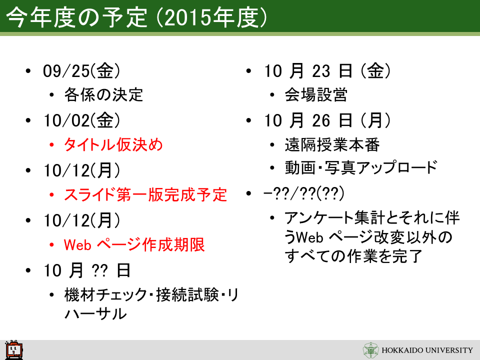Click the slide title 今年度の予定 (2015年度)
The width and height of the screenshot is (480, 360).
click(136, 17)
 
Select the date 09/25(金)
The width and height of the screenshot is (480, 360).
click(81, 70)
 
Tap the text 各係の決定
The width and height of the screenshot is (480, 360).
click(103, 94)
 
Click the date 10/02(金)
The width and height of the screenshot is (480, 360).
click(81, 120)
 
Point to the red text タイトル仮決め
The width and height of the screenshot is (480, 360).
click(113, 144)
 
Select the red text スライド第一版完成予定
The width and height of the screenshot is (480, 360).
click(145, 194)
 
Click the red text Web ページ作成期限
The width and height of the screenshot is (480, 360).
click(134, 244)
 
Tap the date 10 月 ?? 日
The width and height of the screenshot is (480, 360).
click(87, 270)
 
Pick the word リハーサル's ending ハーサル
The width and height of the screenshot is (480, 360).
click(95, 313)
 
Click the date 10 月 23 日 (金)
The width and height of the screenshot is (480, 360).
click(327, 70)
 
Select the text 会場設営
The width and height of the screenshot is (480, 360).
click(316, 94)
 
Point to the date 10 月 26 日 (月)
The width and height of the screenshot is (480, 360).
click(327, 120)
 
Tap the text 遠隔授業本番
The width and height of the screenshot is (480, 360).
click(332, 144)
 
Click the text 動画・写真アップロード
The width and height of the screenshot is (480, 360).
click(361, 167)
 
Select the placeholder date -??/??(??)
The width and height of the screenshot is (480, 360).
click(303, 193)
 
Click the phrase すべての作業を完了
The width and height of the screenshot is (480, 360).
click(353, 256)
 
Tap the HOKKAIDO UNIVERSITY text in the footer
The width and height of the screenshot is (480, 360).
click(427, 350)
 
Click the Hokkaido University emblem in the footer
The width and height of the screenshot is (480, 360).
click(370, 350)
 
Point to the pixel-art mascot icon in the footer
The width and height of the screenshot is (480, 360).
click(14, 350)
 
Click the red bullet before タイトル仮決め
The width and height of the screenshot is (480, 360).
click(51, 144)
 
